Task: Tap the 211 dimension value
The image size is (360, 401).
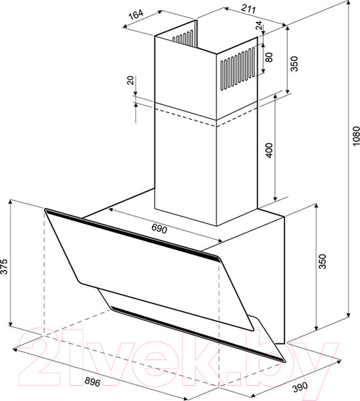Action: [x=232, y=10]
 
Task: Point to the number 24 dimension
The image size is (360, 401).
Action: [x=258, y=27]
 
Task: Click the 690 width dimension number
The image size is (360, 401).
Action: [x=158, y=229]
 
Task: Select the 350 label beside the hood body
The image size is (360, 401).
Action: [x=323, y=262]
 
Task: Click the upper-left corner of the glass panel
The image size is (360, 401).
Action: [x=47, y=211]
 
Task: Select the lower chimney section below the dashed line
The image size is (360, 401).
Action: [x=200, y=174]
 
